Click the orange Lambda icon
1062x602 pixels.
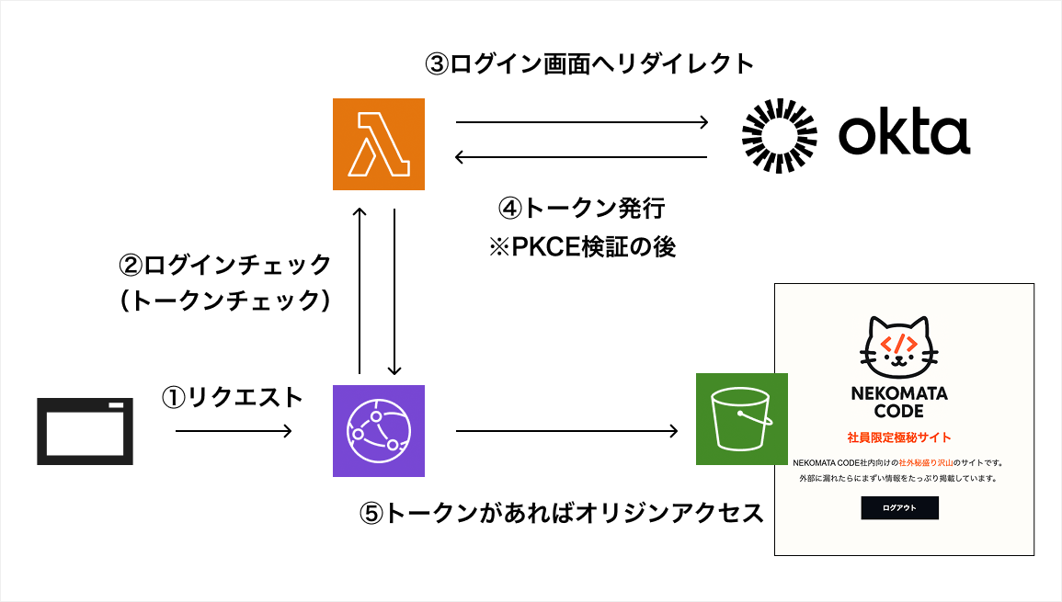(x=379, y=144)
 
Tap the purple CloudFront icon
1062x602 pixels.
(x=379, y=431)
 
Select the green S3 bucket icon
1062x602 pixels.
(x=741, y=419)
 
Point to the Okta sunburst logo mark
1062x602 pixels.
(x=780, y=135)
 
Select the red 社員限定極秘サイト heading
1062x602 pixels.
(x=898, y=437)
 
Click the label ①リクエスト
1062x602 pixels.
(x=232, y=397)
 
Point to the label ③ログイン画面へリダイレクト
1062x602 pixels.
(x=588, y=63)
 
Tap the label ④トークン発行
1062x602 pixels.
(x=581, y=209)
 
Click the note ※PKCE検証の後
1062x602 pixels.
(x=581, y=247)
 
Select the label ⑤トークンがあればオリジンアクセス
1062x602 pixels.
(x=561, y=513)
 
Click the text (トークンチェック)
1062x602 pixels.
(x=225, y=301)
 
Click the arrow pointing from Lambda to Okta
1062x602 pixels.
(x=582, y=122)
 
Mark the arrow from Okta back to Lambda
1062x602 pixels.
(x=582, y=157)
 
